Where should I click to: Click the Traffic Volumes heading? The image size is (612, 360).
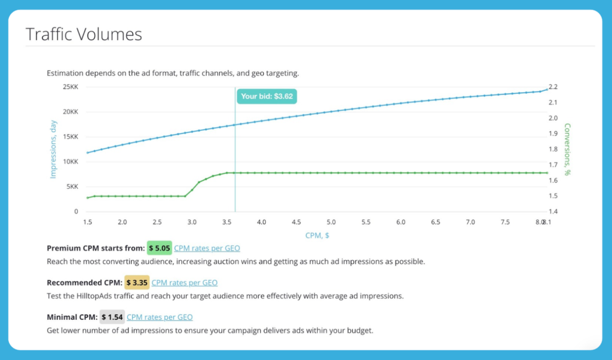pos(84,34)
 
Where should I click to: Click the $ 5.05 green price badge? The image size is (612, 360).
pos(160,248)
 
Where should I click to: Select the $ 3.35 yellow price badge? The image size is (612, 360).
pos(137,282)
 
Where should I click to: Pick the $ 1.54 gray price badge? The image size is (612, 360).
pos(112,317)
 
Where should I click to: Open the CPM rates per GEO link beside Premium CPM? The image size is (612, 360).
pos(207,248)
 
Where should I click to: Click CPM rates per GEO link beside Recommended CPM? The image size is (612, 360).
pos(184,282)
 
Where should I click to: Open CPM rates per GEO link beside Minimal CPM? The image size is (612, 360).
pos(160,317)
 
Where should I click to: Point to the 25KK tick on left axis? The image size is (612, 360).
pos(69,87)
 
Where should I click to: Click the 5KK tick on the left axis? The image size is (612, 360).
pos(71,187)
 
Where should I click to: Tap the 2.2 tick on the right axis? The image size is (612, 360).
pos(553,87)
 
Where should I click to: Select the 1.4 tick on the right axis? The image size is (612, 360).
pos(553,212)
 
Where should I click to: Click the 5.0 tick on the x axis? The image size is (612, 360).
pos(331,222)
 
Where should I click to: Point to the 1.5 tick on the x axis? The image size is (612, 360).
pos(88,222)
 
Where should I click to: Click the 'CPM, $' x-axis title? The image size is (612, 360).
pos(317,235)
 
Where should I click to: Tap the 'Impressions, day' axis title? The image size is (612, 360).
pos(53,149)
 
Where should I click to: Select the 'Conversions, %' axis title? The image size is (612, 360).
pos(567,149)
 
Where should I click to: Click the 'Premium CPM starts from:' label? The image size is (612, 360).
pos(96,248)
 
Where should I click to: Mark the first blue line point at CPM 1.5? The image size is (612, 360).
pos(88,152)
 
